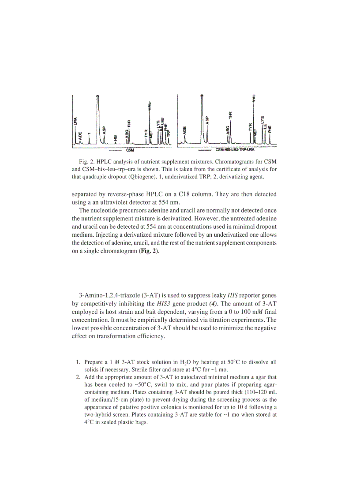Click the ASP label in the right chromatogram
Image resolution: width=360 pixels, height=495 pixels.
[x=207, y=119]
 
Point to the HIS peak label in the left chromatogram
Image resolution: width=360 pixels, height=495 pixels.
[x=116, y=138]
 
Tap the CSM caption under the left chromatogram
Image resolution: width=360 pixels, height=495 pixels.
[x=130, y=150]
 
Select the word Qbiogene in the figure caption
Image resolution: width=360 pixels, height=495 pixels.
[x=153, y=177]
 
